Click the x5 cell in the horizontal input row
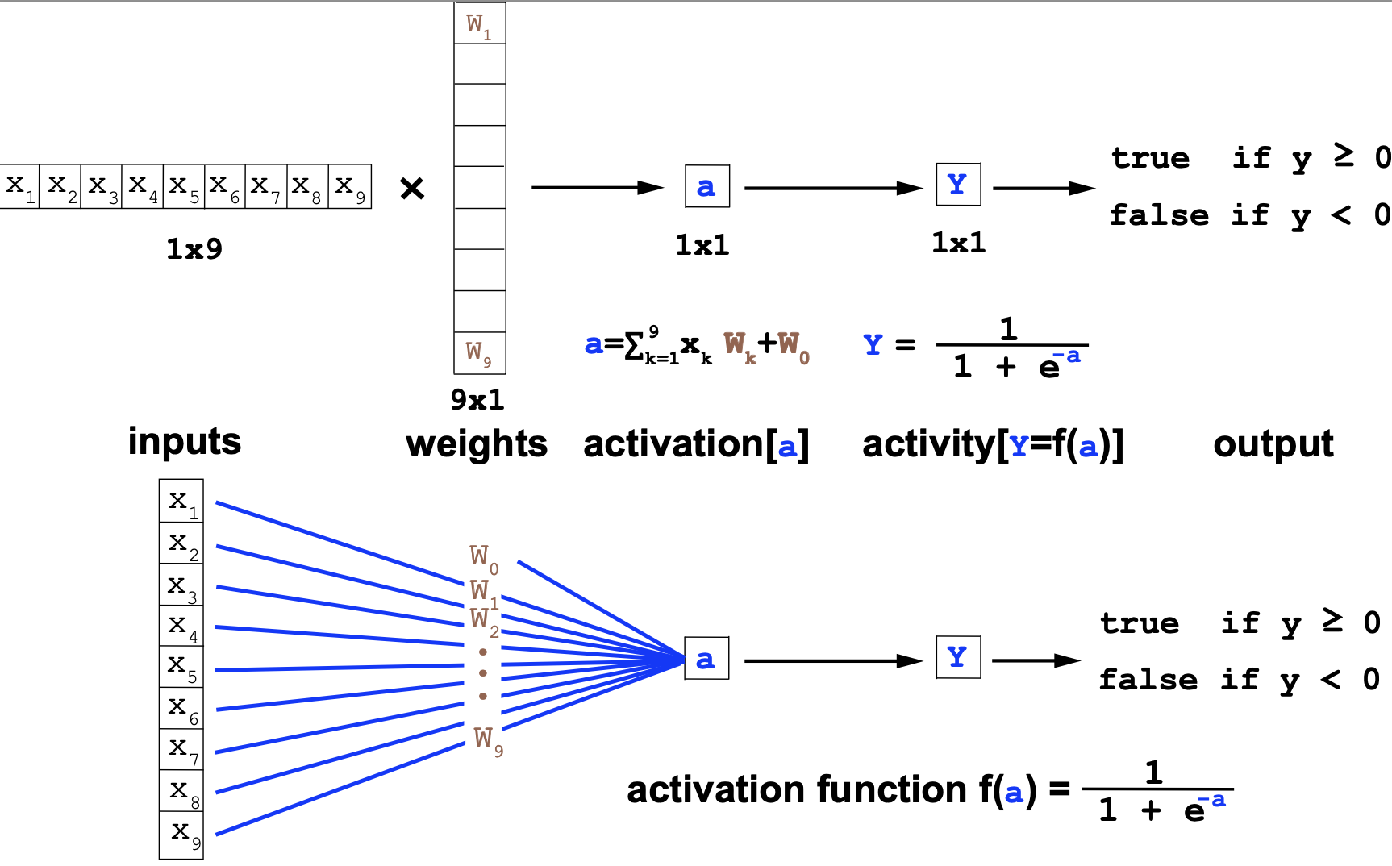point(184,186)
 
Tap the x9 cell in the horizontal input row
point(350,186)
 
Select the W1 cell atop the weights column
point(479,24)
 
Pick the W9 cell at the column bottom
point(479,352)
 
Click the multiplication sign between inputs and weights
point(412,189)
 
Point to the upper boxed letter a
point(706,187)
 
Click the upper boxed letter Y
point(958,185)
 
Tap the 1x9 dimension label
point(194,249)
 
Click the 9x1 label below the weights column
point(477,399)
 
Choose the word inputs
point(185,442)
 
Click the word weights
point(477,444)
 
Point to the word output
point(1273,444)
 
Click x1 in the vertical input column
point(181,502)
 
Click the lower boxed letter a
point(706,659)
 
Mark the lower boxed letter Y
point(958,657)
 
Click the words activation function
point(797,790)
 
